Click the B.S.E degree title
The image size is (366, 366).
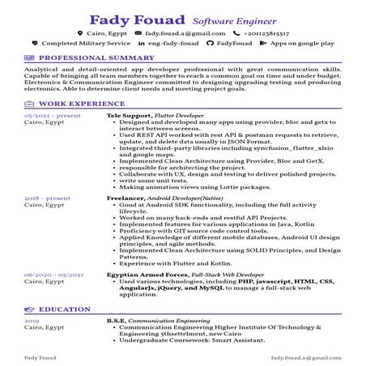pyautogui.click(x=116, y=321)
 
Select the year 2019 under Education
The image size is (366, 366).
pyautogui.click(x=32, y=321)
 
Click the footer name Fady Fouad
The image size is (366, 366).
pyautogui.click(x=40, y=355)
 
